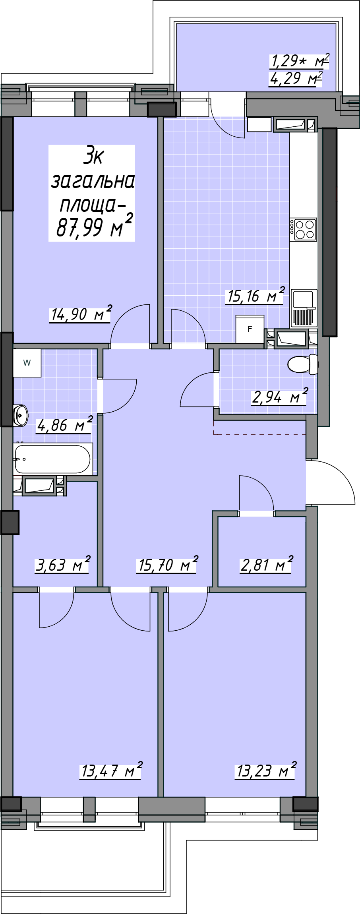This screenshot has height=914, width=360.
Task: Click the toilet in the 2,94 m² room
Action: pos(303,364)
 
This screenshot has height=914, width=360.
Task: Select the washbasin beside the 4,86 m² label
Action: pos(20,415)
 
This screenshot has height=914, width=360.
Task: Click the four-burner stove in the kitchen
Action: pos(303,229)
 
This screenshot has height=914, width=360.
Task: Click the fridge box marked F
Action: pos(250,329)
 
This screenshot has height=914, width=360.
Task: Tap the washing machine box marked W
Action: pos(27,363)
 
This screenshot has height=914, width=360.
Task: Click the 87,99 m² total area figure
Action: pos(94,226)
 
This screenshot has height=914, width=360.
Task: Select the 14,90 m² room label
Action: pos(81,314)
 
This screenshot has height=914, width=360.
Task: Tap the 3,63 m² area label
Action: pos(63,564)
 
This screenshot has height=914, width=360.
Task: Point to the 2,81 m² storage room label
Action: pos(267,564)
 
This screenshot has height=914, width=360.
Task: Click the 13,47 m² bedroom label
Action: pos(112,771)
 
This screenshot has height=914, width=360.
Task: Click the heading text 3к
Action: pos(93,155)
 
